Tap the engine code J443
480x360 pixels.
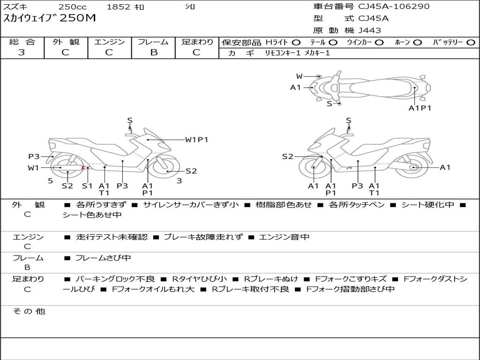pos(370,30)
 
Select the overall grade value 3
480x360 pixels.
pos(22,52)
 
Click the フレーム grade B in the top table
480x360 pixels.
pos(153,52)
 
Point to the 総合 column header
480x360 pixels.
pos(22,42)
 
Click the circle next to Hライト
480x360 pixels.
pos(296,43)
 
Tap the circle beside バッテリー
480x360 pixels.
pos(471,43)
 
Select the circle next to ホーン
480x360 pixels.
pos(417,43)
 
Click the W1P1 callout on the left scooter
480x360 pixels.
pos(196,139)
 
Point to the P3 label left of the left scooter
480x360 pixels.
pos(34,157)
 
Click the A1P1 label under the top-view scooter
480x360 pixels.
pos(420,108)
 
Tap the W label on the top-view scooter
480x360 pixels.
pos(299,76)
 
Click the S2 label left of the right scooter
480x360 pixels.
pos(287,157)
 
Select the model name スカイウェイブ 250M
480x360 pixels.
pos(49,18)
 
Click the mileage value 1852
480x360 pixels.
pos(119,7)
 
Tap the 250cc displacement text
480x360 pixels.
pos(72,7)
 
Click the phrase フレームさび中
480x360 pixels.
pos(103,258)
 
